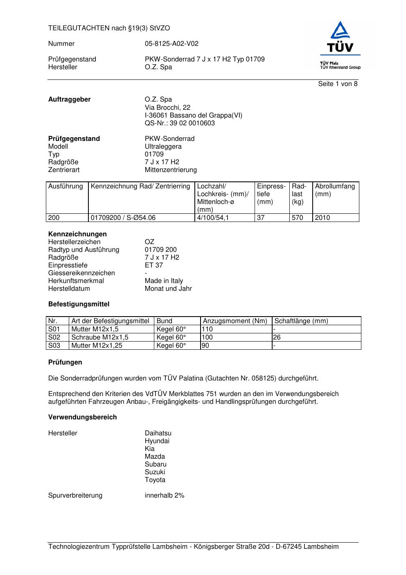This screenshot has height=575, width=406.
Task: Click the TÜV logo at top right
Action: point(340,45)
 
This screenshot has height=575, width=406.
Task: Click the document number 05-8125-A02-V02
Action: point(171,44)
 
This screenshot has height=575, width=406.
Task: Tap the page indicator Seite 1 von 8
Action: point(338,84)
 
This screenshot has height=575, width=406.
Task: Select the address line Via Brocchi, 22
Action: point(167,108)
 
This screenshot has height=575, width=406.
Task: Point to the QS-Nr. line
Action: point(180,123)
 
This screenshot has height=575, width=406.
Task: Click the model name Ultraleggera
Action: point(163,147)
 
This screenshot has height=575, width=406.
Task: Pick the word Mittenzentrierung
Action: point(171,170)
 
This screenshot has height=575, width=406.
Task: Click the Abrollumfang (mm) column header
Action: point(335,190)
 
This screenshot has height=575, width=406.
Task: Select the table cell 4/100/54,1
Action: point(213,218)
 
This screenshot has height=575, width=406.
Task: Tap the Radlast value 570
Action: point(297,218)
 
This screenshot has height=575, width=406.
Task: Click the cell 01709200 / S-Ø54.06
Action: point(123,218)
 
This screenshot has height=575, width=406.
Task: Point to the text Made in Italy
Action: point(164,281)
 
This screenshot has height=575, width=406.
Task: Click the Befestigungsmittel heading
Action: point(79,304)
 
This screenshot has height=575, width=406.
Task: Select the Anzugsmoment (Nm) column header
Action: point(235,321)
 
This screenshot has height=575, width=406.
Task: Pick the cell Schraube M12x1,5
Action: point(100,337)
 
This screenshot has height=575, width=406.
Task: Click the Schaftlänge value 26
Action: point(277,337)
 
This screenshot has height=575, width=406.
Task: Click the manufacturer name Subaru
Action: point(156,464)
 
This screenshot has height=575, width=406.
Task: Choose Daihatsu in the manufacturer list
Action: point(158,433)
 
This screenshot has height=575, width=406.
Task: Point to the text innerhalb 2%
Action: point(165,496)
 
